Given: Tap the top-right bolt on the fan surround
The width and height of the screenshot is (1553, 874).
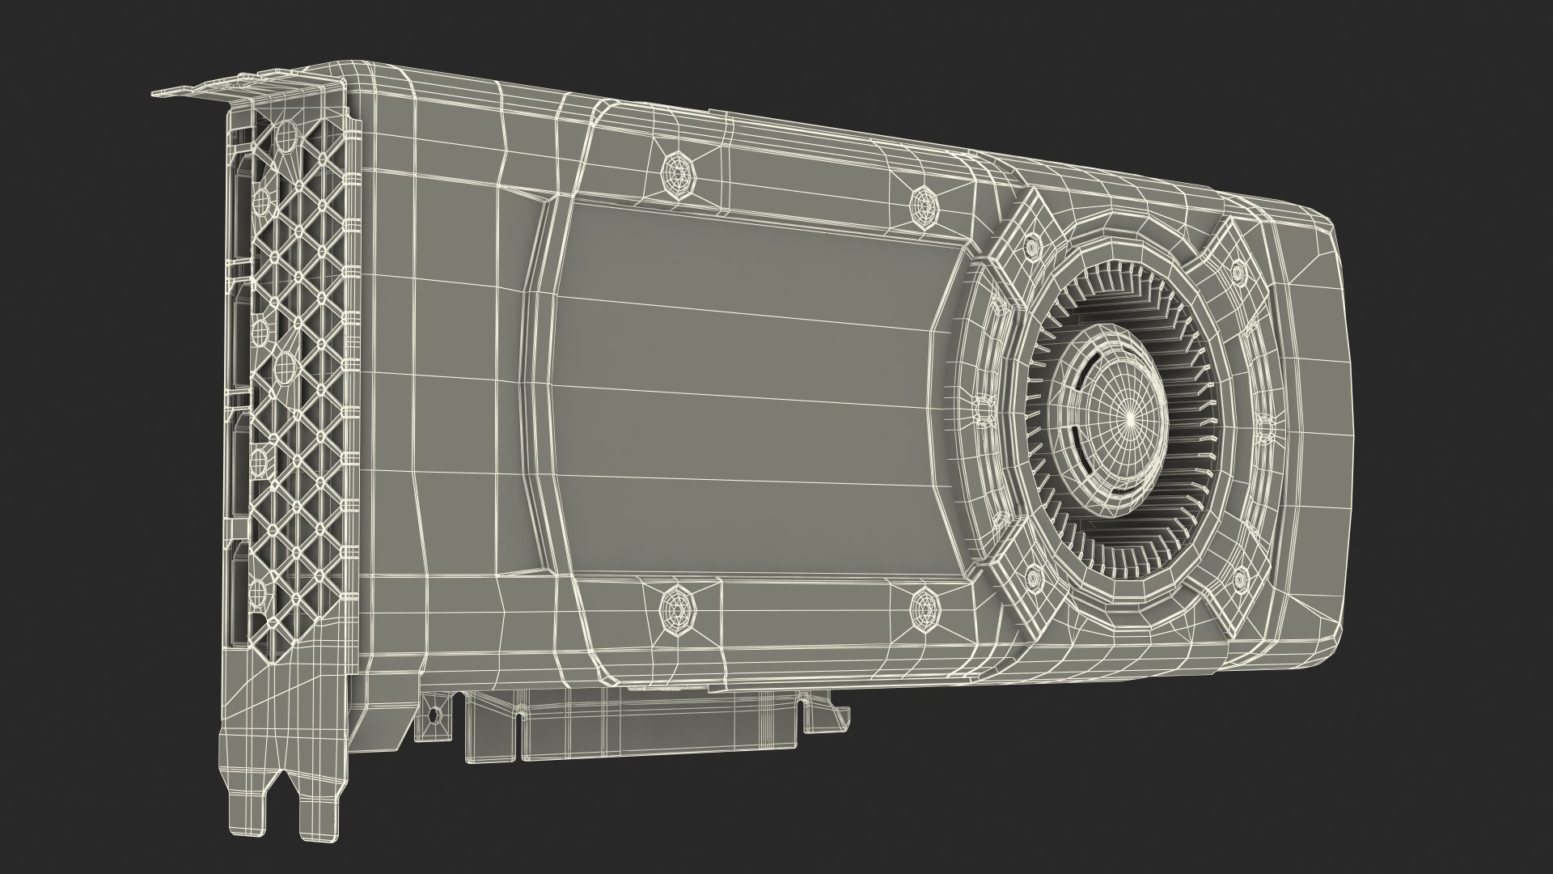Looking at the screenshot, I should (1238, 272).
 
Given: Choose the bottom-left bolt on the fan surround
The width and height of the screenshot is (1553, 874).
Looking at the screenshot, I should (1033, 577).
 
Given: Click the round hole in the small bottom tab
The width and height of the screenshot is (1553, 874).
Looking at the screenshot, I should (433, 715).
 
